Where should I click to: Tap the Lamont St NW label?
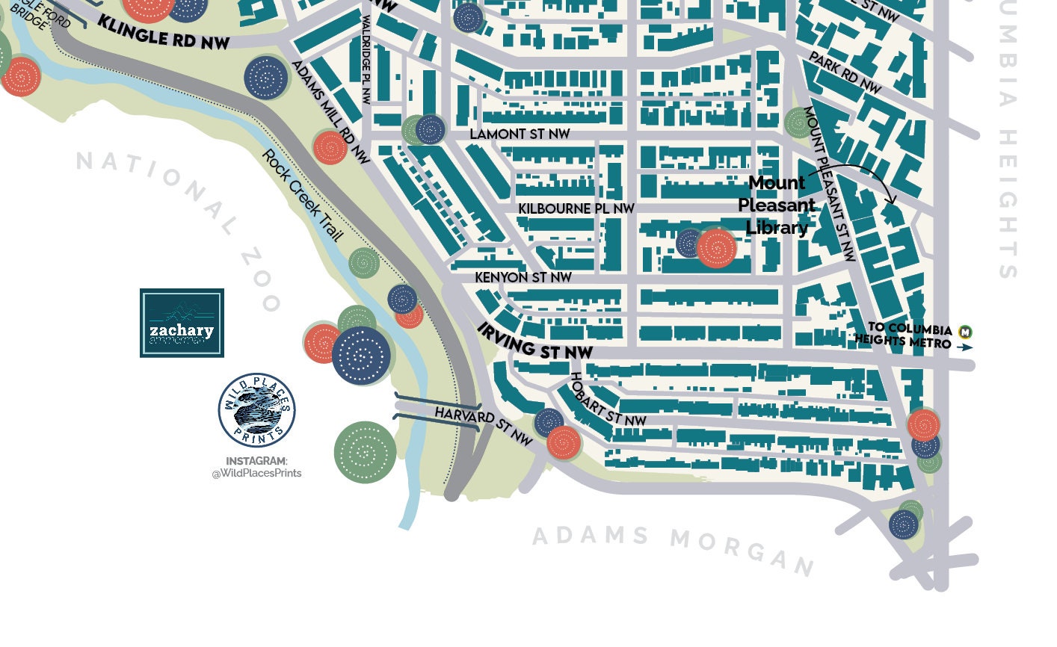(x=520, y=134)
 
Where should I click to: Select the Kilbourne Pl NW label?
(x=576, y=208)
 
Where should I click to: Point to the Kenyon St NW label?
(x=523, y=277)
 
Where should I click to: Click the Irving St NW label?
(x=535, y=341)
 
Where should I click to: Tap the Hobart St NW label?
(x=607, y=400)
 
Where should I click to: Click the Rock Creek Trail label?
(x=302, y=196)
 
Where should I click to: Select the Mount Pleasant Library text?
(x=777, y=205)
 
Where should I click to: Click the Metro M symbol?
(x=966, y=331)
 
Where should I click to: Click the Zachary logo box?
(x=182, y=323)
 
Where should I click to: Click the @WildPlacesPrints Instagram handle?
(x=256, y=473)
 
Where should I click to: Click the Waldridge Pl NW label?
(x=366, y=60)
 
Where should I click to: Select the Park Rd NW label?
(x=845, y=73)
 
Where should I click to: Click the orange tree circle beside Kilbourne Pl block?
(x=716, y=248)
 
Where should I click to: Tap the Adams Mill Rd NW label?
(x=330, y=112)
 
